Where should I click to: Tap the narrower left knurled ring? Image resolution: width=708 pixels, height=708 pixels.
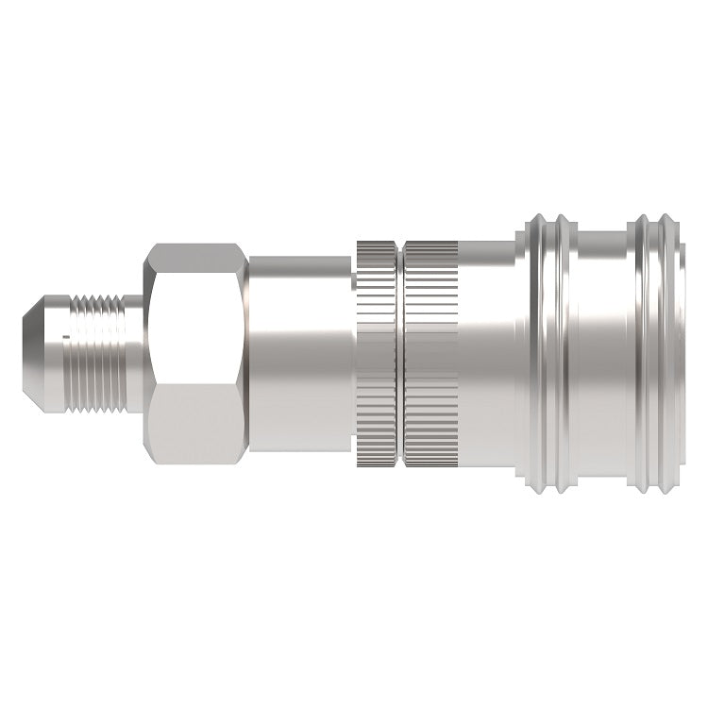[377, 353]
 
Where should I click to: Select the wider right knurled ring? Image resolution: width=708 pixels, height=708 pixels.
[430, 353]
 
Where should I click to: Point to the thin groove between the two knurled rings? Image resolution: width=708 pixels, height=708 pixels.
[399, 353]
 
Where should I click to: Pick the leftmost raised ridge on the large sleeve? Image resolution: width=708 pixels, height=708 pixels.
[536, 353]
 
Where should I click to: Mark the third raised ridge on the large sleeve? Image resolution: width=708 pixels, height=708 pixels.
[643, 353]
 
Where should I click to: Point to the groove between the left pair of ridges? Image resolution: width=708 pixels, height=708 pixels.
[549, 353]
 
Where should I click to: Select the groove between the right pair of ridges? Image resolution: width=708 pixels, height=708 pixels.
[656, 353]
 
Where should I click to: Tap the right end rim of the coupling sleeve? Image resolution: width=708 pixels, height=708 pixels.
[682, 353]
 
